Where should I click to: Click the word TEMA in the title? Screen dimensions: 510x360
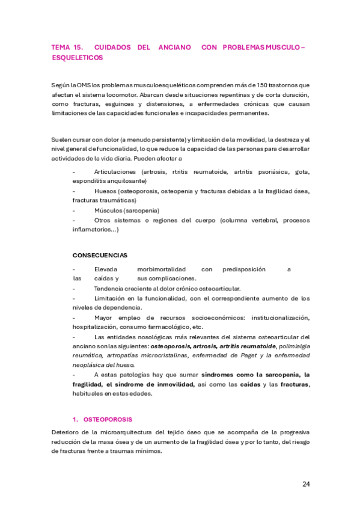point(61,47)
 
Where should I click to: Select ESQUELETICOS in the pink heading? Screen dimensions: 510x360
point(78,58)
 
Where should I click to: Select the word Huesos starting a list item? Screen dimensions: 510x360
point(105,191)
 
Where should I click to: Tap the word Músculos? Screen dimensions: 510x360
point(108,210)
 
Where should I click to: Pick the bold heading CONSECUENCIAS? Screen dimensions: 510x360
point(100,255)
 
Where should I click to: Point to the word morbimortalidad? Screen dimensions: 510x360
point(161,269)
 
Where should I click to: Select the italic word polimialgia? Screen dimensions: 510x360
point(295,346)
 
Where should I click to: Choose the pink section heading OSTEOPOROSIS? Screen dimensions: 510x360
point(107,419)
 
